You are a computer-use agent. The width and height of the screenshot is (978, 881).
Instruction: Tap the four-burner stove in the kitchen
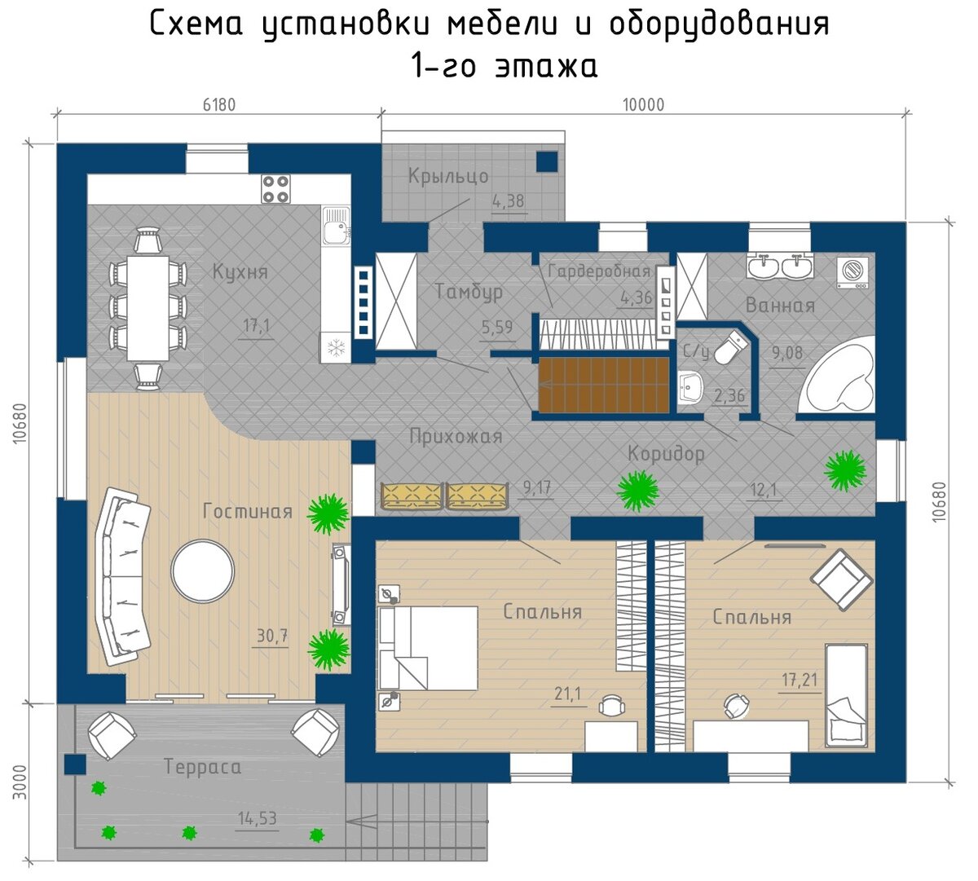[276, 189]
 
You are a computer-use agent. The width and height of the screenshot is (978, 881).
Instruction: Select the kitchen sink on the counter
[335, 226]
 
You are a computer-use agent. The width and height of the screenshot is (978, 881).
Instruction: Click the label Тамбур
[469, 292]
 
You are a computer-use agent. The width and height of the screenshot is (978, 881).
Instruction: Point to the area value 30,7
[272, 637]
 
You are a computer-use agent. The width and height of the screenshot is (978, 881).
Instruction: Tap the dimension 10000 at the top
[643, 104]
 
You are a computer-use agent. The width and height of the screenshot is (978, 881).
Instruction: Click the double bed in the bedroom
[428, 648]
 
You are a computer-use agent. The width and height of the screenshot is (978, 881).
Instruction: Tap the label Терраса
[202, 767]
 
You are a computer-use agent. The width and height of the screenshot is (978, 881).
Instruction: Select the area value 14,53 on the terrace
[258, 818]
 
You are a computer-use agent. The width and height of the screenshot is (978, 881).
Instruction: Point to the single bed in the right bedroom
[846, 694]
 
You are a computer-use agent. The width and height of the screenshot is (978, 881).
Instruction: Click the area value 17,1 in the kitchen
[257, 327]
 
